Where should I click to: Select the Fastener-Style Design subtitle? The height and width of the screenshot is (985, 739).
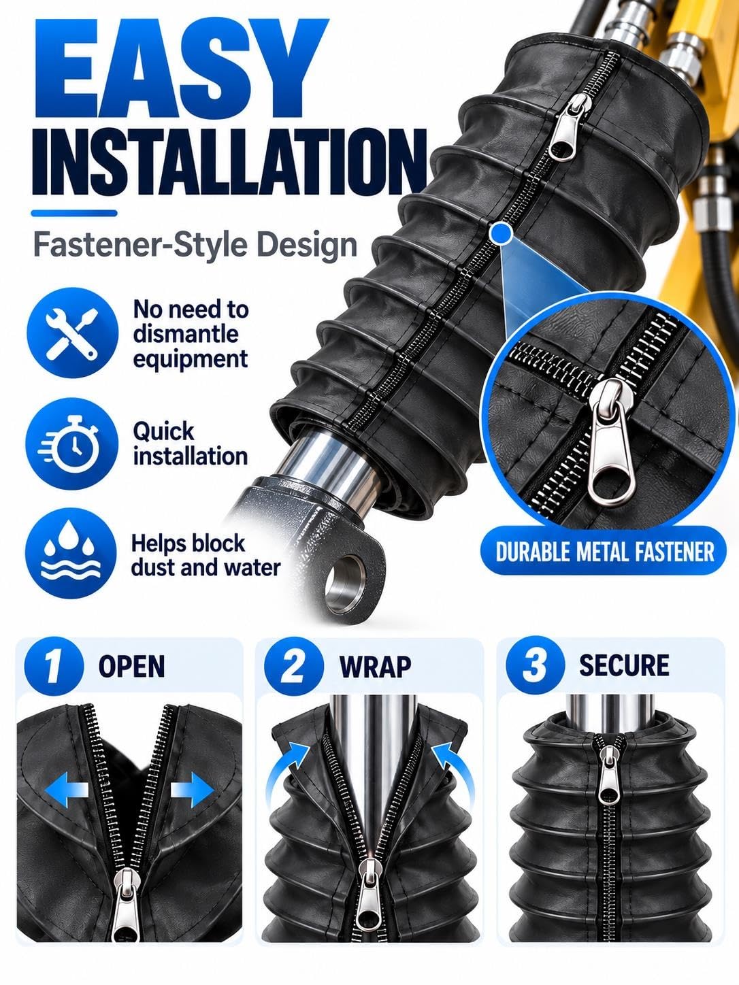pos(195,246)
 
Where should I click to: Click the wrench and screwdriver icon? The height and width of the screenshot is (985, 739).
pos(72,333)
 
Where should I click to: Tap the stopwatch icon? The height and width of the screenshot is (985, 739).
pos(72,444)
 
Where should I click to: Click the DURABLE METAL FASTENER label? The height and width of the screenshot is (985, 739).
pos(604,552)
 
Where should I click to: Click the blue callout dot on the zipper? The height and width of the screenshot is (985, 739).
pos(501,233)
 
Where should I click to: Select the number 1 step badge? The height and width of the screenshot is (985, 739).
pos(53,666)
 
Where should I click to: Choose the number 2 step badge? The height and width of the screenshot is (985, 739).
pos(293,666)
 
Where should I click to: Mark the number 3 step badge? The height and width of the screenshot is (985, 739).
pos(535,665)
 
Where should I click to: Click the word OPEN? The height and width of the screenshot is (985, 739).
pos(131,666)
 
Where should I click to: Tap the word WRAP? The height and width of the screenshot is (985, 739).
pos(375,667)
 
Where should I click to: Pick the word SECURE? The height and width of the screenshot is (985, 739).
pos(624,665)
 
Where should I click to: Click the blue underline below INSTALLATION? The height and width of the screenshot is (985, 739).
pos(74,214)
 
